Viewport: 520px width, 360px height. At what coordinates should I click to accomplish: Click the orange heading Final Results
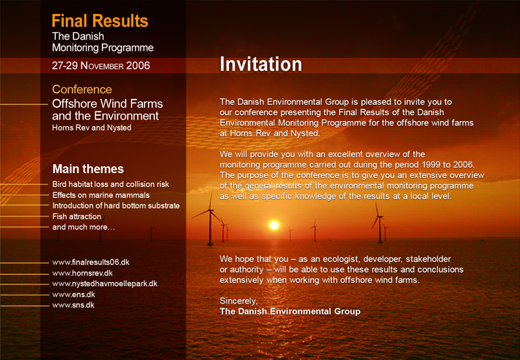[x=100, y=21]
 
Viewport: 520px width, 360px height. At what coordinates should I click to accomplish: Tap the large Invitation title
[x=260, y=64]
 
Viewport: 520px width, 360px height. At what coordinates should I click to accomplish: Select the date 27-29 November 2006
[x=100, y=66]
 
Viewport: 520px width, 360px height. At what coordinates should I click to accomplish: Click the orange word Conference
[x=82, y=89]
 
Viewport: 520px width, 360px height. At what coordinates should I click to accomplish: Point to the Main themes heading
[x=88, y=169]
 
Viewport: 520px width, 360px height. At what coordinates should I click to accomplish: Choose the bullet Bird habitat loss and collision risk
[x=111, y=184]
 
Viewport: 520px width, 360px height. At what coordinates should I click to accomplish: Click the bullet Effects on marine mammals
[x=100, y=195]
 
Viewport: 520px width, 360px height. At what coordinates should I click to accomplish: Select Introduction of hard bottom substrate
[x=116, y=206]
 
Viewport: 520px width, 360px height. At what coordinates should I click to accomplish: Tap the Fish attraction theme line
[x=76, y=216]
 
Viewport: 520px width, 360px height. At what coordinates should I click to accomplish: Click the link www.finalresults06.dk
[x=91, y=262]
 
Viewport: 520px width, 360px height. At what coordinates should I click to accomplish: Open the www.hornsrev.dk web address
[x=83, y=273]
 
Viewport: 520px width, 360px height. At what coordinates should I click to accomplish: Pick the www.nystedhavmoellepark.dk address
[x=105, y=284]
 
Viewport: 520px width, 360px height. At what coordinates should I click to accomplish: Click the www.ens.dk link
[x=73, y=294]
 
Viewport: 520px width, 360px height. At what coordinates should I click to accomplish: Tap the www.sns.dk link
[x=73, y=305]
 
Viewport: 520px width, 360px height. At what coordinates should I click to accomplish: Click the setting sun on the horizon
[x=274, y=225]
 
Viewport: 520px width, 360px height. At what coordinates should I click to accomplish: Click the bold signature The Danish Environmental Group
[x=290, y=312]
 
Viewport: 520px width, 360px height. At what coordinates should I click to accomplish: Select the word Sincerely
[x=238, y=301]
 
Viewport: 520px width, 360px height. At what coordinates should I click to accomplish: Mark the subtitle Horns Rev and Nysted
[x=92, y=128]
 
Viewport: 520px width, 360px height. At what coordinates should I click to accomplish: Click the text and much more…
[x=84, y=227]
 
